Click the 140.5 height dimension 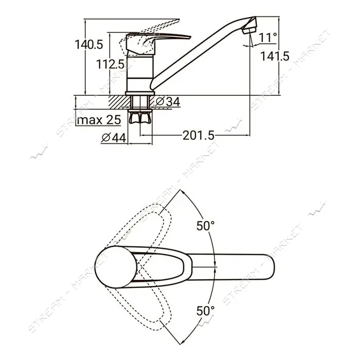(x=89, y=45)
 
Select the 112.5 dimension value (x=110, y=64)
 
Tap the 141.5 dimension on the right (x=275, y=56)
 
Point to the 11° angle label (x=268, y=38)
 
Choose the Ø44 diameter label (x=114, y=138)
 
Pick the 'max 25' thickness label (x=99, y=120)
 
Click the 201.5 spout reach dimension (x=199, y=135)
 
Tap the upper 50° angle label (x=206, y=226)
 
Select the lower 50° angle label (x=206, y=311)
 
